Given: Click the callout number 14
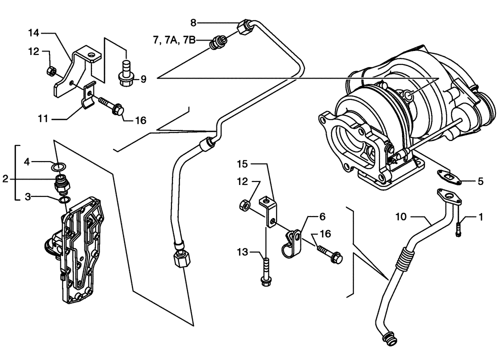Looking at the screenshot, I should (x=33, y=33).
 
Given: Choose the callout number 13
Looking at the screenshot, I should (x=242, y=253).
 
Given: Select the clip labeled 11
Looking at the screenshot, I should (x=88, y=97).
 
